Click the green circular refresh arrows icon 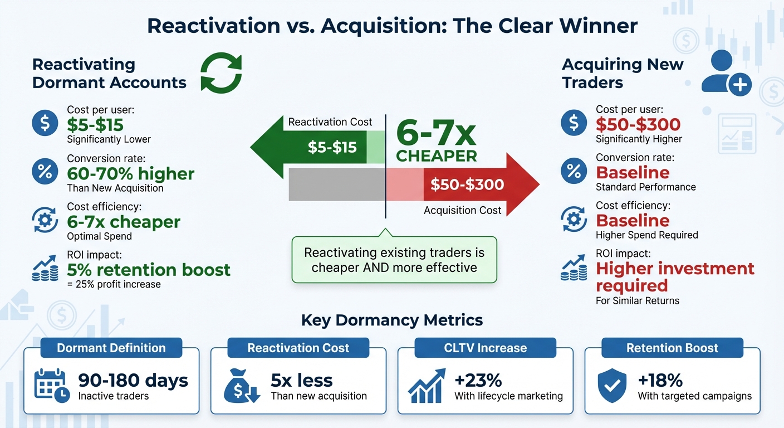(x=221, y=73)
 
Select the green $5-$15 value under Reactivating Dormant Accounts (x=95, y=125)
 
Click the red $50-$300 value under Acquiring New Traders (x=638, y=124)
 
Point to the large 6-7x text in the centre (x=436, y=134)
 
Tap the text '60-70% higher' (x=131, y=173)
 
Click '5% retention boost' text (x=149, y=270)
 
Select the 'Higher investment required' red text (x=675, y=277)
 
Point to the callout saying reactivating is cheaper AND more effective (x=394, y=260)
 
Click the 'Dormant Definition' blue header (x=111, y=348)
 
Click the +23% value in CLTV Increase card (x=478, y=381)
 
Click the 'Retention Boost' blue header (x=672, y=348)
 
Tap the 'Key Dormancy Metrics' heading (x=391, y=320)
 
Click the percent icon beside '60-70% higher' (x=45, y=172)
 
